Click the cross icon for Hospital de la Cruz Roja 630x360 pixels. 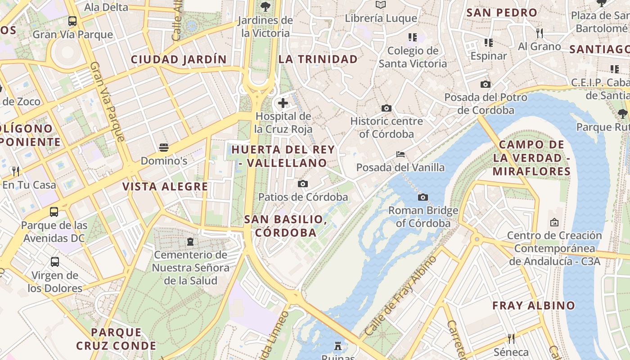point(283,103)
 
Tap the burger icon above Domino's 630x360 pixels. point(164,147)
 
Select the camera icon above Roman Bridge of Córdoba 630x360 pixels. point(423,197)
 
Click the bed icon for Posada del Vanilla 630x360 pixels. point(400,154)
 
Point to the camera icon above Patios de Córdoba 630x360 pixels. point(303,184)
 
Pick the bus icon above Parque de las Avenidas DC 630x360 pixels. point(54,211)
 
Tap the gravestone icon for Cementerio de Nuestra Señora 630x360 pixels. point(190,242)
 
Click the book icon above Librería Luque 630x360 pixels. point(381,5)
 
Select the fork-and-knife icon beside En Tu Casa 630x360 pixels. point(16,171)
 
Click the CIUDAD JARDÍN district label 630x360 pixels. point(179,59)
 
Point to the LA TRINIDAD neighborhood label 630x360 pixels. point(318,59)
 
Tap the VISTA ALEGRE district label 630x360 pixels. point(165,187)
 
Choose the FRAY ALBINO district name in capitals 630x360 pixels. point(534,306)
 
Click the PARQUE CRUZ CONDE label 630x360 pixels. point(116,339)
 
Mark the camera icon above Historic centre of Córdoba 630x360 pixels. point(386,108)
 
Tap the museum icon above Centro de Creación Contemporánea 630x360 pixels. point(554,222)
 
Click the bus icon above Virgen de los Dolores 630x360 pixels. point(55,261)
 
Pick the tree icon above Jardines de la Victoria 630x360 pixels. point(265,6)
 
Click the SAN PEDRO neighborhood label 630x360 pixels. point(502,13)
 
